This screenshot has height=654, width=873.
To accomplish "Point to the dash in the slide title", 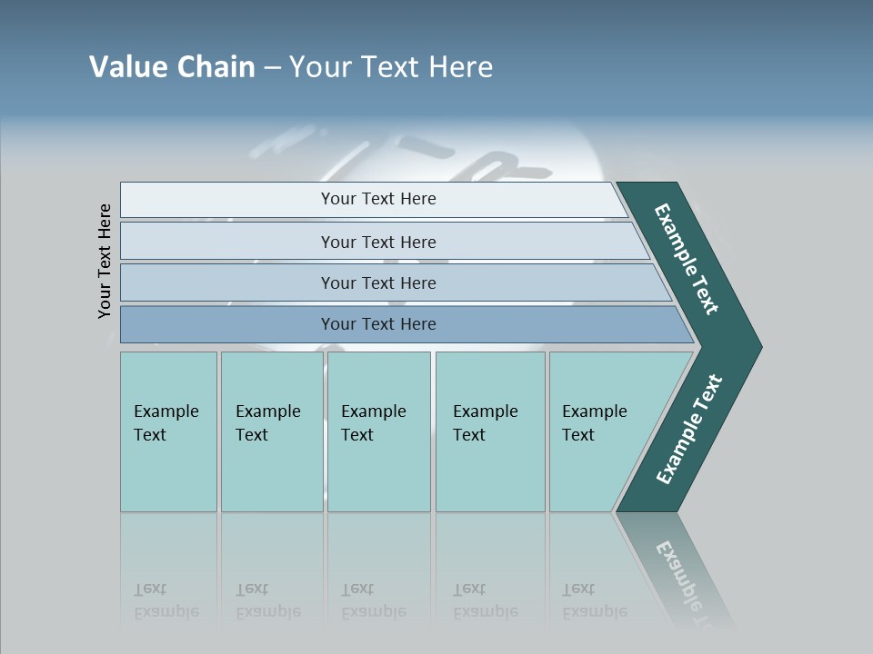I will (272, 68).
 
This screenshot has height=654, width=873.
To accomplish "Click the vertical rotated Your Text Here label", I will (105, 261).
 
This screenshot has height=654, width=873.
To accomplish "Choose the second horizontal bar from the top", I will (378, 242).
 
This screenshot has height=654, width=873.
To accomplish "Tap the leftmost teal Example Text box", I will (168, 431).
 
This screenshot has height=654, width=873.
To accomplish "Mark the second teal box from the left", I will (271, 431).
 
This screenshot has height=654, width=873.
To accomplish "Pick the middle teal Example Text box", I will (378, 431).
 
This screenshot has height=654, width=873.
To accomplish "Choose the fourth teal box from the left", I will (489, 431).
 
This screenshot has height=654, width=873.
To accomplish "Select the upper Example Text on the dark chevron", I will (687, 259).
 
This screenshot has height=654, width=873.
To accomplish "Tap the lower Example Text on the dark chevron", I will (689, 430).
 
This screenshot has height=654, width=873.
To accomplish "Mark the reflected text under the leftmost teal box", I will (166, 601).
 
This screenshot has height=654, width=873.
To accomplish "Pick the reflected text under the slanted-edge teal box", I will (594, 601).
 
